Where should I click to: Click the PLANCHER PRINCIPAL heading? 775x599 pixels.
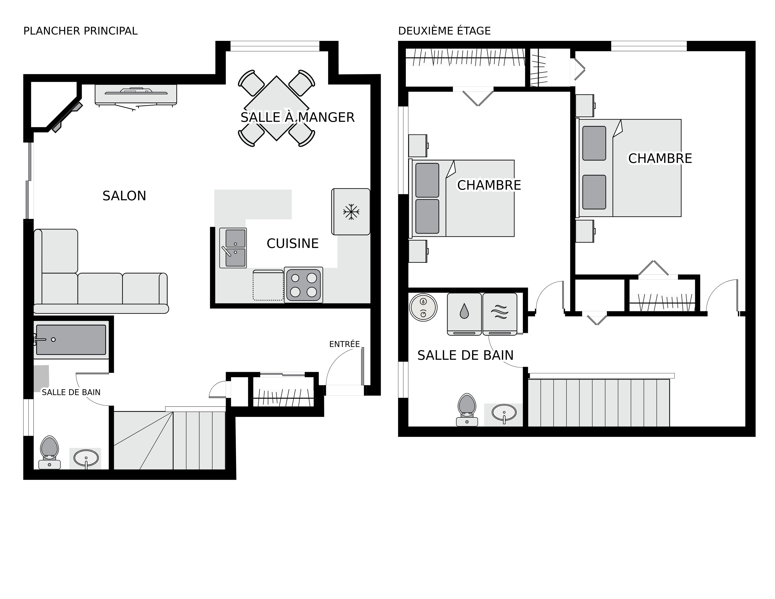coord(80,31)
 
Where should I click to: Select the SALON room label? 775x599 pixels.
coord(124,196)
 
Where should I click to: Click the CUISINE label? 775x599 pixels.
coord(292,243)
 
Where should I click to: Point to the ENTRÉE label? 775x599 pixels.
coord(344,344)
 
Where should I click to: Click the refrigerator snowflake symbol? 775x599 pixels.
coord(351,212)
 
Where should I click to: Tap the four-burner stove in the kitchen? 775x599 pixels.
coord(303,285)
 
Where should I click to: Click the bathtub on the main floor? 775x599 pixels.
coord(71,340)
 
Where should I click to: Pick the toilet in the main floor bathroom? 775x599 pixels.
coord(49,452)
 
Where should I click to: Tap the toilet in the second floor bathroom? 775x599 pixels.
coord(467,409)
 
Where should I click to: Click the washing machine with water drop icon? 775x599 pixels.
coord(464,314)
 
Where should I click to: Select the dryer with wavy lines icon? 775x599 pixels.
coord(500,314)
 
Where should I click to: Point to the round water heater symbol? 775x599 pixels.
coord(423,307)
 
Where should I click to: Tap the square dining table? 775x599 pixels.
coord(276,108)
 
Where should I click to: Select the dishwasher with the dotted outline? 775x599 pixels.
coord(268,285)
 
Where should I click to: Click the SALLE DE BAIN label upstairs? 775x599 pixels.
coord(465,355)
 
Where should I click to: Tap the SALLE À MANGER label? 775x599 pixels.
coord(297,117)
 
